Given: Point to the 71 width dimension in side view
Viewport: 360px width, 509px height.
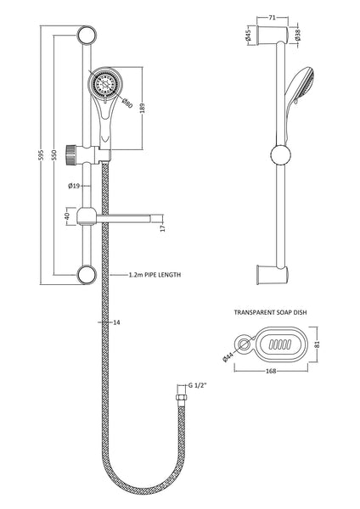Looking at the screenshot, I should (x=270, y=16).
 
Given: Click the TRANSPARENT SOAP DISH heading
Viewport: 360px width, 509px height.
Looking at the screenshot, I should (x=270, y=313).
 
